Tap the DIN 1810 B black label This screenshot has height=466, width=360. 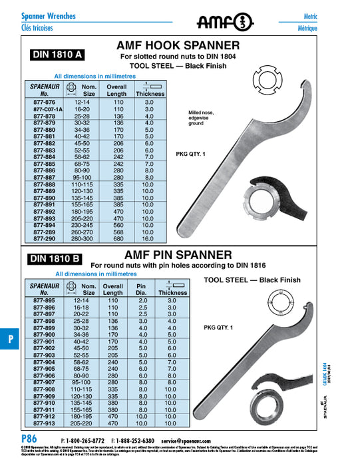55,259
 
